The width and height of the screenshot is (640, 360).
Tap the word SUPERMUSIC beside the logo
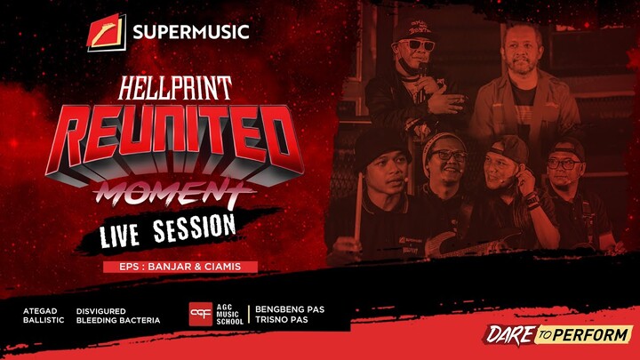(x=190, y=34)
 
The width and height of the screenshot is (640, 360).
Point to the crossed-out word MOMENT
(x=172, y=188)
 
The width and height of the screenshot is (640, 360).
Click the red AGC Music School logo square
(x=200, y=315)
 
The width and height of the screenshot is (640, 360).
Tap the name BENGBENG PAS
(x=290, y=309)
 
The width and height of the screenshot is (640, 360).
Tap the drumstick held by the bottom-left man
(x=359, y=204)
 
